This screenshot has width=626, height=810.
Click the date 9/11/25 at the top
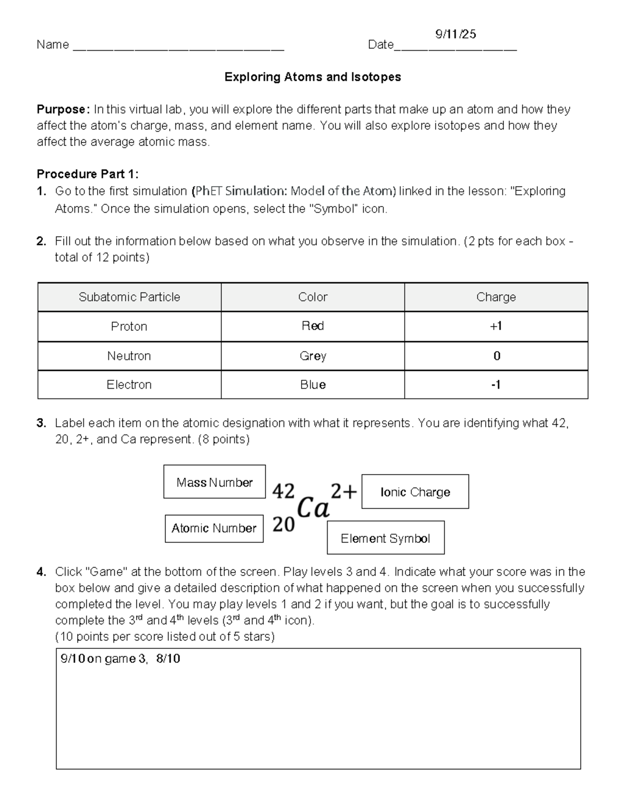[455, 34]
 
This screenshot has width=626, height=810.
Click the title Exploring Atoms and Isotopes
[312, 77]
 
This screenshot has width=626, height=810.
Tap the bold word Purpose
[63, 109]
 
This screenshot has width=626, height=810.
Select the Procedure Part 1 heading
[87, 174]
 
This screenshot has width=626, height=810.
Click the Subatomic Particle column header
[129, 297]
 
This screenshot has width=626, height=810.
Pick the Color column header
[312, 297]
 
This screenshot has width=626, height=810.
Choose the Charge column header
[496, 297]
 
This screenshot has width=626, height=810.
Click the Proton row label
[129, 327]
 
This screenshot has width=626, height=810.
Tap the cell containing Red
[312, 326]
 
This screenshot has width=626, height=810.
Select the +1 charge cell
[496, 326]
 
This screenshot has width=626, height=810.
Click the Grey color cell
[312, 356]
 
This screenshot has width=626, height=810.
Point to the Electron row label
[129, 385]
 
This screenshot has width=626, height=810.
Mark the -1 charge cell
[496, 385]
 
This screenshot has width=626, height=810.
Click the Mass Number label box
[214, 482]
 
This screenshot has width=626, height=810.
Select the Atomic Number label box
[214, 528]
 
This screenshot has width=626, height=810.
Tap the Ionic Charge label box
[415, 492]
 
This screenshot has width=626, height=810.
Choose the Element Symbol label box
[386, 538]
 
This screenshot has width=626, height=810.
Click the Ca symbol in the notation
[313, 507]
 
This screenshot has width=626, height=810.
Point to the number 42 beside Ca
[284, 491]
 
